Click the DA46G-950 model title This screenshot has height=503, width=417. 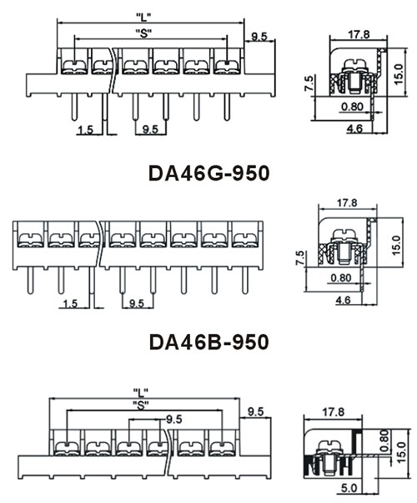[208, 174]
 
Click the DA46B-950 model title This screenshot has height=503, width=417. [208, 342]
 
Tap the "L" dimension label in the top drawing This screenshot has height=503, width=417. [143, 17]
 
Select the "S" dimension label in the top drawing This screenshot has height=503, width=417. [143, 33]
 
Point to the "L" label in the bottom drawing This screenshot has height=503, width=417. [140, 391]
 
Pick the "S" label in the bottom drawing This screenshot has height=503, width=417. [141, 406]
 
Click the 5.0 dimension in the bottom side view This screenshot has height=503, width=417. [349, 488]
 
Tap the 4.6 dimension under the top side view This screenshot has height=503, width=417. [354, 129]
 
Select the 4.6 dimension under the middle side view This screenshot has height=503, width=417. [343, 300]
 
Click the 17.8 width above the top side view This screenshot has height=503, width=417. [359, 34]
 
